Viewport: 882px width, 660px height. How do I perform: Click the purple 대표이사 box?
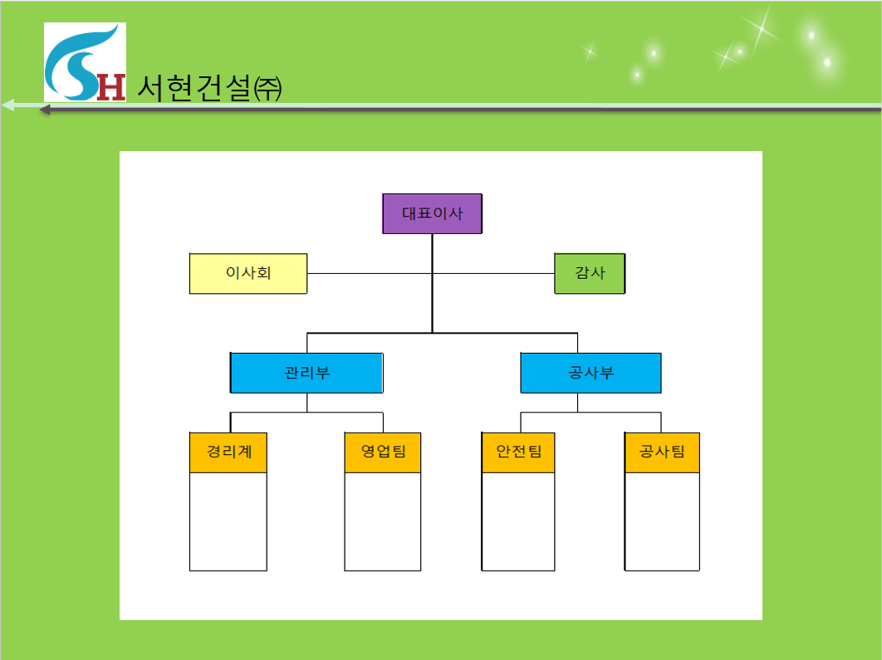point(432,213)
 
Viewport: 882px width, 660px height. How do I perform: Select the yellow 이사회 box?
point(248,273)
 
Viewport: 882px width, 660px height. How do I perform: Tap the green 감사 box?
point(590,273)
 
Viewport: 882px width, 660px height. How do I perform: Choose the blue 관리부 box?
point(306,373)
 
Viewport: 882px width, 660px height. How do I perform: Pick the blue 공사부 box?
point(590,373)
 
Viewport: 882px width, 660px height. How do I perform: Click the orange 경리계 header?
point(228,452)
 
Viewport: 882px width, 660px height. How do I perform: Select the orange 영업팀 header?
point(383,452)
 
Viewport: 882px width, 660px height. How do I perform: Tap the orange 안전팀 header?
point(518,452)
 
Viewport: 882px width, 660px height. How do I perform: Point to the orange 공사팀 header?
point(662,452)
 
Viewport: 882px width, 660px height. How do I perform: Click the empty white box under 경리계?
point(228,521)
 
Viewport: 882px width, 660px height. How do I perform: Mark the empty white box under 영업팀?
point(383,521)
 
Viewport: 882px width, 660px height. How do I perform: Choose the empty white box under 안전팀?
point(518,521)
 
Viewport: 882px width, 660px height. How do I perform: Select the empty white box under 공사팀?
point(662,521)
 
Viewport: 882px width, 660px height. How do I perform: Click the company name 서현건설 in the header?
point(194,88)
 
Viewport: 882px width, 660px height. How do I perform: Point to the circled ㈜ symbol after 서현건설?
point(267,89)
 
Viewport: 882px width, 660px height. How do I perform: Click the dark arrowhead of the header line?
point(45,110)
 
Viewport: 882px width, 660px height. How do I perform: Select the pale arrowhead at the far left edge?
point(7,105)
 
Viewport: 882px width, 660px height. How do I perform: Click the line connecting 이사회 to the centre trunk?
point(370,274)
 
